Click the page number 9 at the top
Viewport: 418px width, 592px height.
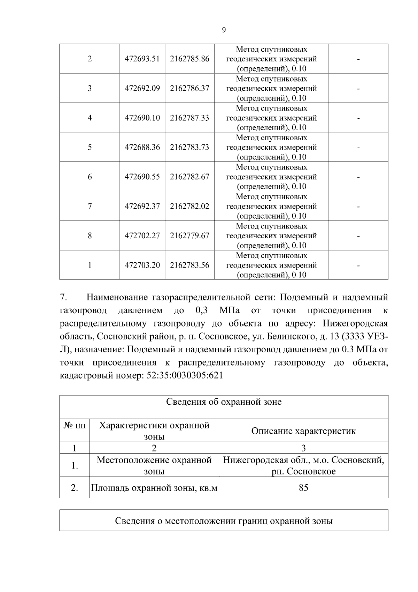[x=224, y=30]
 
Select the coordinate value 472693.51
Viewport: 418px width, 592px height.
[x=142, y=59]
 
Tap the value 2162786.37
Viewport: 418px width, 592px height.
[x=189, y=88]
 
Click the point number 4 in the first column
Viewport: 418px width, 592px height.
[x=90, y=118]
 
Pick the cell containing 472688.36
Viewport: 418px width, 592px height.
[x=142, y=147]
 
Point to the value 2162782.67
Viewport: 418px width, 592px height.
[x=189, y=177]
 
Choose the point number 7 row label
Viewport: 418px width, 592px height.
[x=90, y=206]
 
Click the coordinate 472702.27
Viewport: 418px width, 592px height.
[x=142, y=236]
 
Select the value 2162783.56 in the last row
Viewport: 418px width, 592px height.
[x=189, y=265]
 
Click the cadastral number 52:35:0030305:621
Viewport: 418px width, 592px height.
[x=183, y=376]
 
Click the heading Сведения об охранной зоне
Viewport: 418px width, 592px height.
[x=224, y=402]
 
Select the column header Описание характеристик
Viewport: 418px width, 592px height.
[x=303, y=431]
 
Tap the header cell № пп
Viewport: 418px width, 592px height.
[x=75, y=425]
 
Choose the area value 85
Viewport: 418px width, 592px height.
[x=303, y=488]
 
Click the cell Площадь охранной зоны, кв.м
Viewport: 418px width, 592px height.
[x=154, y=488]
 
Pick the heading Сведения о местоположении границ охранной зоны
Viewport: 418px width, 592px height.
[x=224, y=521]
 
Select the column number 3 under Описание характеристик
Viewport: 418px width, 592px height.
[x=303, y=448]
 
